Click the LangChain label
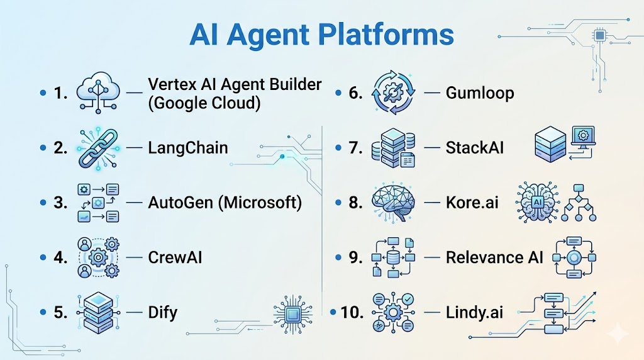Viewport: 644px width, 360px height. [188, 149]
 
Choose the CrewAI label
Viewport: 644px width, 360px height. [175, 257]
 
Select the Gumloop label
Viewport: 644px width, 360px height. [480, 94]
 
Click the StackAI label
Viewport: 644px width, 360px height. [475, 149]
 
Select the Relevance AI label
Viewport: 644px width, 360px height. [494, 257]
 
